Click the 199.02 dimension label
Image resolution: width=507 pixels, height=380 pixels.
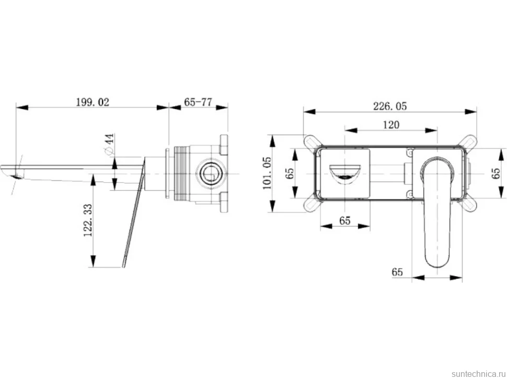[x=93, y=102]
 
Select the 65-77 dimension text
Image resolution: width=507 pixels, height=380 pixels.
[x=198, y=102]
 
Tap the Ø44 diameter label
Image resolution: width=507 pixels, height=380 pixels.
[x=109, y=144]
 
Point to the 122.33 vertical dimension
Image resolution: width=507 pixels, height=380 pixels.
[x=88, y=220]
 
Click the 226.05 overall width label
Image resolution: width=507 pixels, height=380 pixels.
[x=390, y=106]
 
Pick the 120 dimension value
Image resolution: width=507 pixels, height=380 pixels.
[x=391, y=125]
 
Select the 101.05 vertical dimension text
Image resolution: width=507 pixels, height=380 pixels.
[x=267, y=173]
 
